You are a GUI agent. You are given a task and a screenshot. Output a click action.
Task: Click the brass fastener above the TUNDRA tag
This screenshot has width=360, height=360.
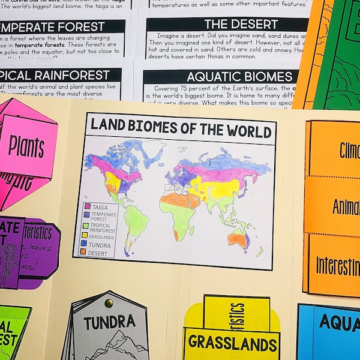click(x=109, y=303)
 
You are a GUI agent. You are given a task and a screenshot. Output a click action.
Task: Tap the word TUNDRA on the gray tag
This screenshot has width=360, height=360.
click(x=109, y=323)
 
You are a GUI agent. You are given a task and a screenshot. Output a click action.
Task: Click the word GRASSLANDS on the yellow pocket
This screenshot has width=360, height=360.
click(x=232, y=343)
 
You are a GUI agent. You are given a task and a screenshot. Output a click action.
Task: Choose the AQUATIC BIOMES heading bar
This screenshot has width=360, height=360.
click(x=222, y=77)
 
